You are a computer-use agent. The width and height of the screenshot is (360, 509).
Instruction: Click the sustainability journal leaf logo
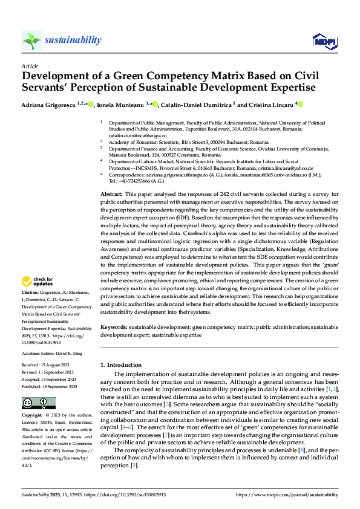[31, 40]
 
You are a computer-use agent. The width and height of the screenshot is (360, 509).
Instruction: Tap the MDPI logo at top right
[324, 41]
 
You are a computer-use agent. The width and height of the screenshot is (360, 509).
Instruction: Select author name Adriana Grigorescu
[46, 105]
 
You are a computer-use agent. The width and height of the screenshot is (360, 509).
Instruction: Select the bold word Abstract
[111, 192]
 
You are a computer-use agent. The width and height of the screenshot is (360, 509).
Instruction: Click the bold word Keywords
[114, 327]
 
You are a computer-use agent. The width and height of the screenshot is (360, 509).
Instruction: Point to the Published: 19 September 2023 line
[49, 386]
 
